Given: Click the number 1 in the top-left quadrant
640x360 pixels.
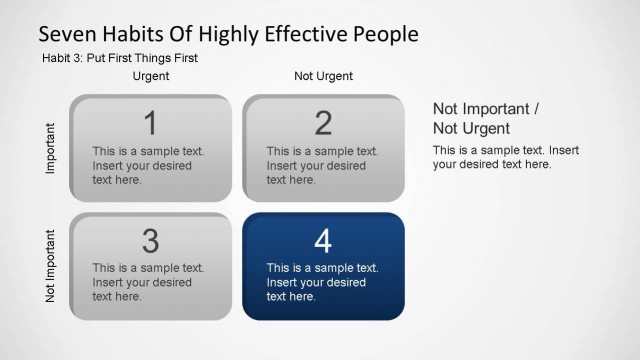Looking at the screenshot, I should (150, 123).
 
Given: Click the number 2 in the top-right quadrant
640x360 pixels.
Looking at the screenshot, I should (323, 123).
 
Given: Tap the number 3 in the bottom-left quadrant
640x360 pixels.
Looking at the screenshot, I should (150, 241).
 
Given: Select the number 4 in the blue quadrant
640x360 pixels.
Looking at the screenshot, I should (323, 241).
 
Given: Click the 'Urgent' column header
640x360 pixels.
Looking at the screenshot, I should (151, 76).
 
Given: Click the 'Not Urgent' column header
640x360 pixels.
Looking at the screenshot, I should (323, 76).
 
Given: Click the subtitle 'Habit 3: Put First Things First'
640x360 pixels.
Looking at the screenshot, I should (120, 58).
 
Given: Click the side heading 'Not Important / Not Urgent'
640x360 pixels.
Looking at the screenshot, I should (486, 118).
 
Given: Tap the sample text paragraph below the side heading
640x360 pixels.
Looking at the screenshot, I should (506, 157).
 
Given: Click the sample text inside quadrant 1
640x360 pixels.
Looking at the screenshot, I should (148, 166).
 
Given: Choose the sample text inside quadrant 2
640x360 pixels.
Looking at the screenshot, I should (321, 166).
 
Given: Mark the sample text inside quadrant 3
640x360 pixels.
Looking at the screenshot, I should (148, 282).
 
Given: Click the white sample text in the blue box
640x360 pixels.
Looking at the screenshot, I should (321, 282).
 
